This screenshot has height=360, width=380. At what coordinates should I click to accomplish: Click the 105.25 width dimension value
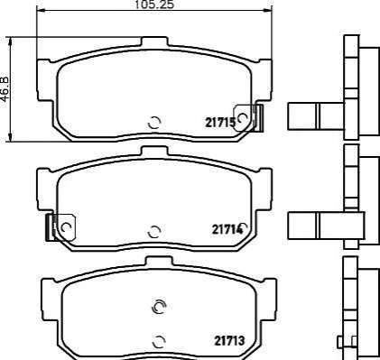[x=154, y=5]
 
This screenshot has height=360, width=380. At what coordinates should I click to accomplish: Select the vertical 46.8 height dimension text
[x=5, y=89]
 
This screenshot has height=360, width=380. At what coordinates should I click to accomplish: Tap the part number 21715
[x=220, y=123]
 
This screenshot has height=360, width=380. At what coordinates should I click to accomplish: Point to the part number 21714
[x=227, y=229]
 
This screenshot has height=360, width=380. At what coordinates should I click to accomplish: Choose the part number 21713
[x=229, y=341]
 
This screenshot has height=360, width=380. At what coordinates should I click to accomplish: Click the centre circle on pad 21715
[x=154, y=123]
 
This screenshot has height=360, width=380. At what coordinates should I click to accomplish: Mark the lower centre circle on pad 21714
[x=154, y=231]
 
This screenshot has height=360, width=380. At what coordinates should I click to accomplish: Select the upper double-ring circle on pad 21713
[x=159, y=307]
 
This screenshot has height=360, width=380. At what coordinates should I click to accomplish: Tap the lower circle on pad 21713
[x=159, y=341]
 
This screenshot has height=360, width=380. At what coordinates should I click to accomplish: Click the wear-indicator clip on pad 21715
[x=248, y=118]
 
